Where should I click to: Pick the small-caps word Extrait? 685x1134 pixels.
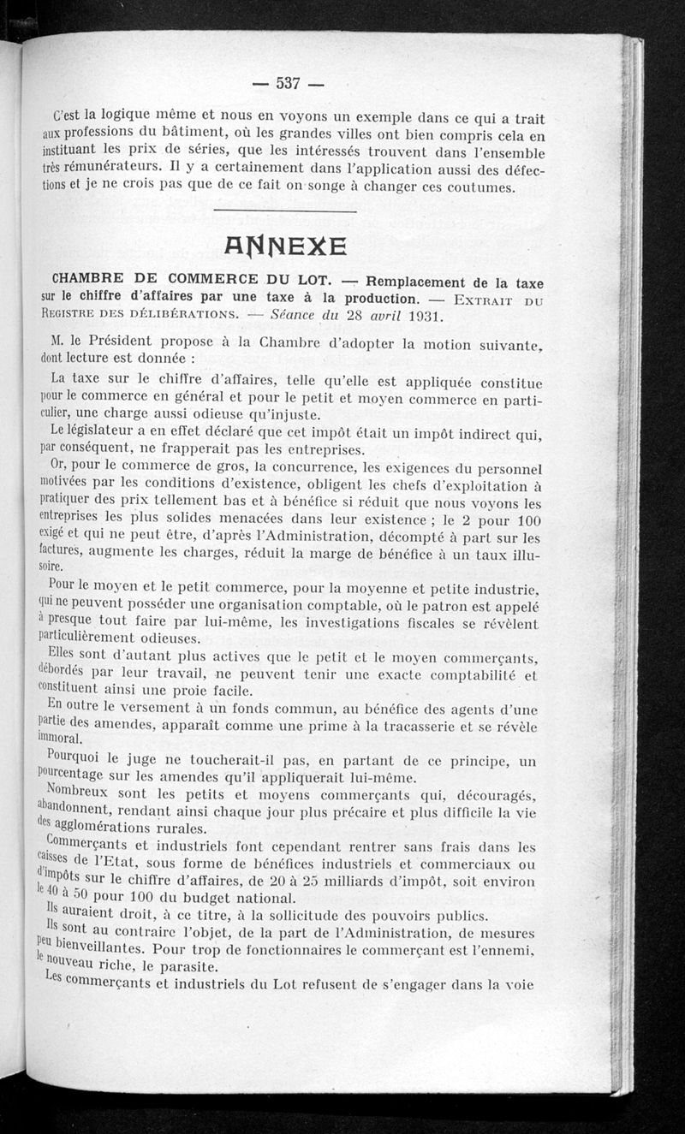tap(484, 299)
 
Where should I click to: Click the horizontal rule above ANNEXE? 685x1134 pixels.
tap(284, 211)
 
